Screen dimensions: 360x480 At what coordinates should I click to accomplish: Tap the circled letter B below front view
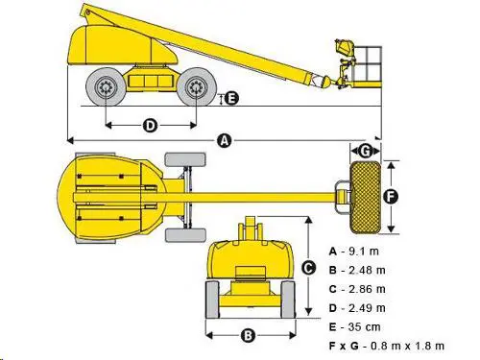[x=247, y=335]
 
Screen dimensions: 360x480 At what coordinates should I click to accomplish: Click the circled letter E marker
[x=230, y=98]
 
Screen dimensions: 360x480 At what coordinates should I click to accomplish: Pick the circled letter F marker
[x=390, y=196]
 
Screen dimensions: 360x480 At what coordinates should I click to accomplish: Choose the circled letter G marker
[x=366, y=151]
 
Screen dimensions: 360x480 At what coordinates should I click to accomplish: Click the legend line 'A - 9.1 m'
[x=355, y=251]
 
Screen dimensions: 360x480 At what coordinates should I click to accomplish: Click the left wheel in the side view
[x=106, y=89]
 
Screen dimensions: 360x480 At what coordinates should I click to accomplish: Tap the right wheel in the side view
[x=196, y=89]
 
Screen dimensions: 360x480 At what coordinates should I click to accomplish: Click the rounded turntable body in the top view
[x=106, y=195]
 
